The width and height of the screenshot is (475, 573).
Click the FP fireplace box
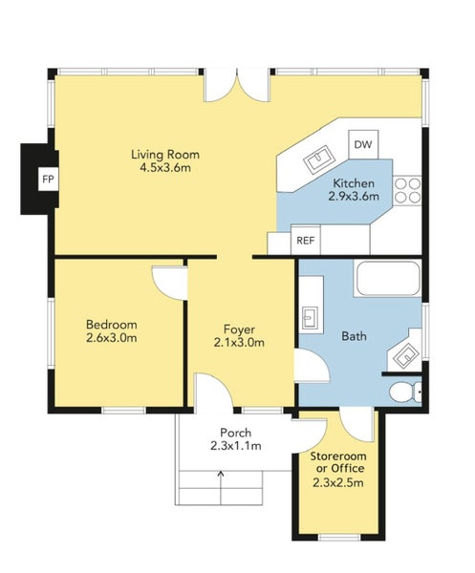(x=49, y=180)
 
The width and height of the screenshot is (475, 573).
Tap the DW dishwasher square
(x=363, y=144)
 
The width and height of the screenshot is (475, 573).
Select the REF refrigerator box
(x=305, y=240)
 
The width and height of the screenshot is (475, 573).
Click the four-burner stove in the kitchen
(x=407, y=190)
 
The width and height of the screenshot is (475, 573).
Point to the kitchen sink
(x=319, y=159)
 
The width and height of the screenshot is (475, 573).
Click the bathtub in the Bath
(x=388, y=278)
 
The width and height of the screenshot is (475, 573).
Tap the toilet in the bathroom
(x=405, y=393)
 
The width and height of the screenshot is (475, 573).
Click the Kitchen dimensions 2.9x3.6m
(x=354, y=197)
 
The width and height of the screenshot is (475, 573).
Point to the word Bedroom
(x=112, y=324)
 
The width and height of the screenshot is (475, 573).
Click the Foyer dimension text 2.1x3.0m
(x=239, y=343)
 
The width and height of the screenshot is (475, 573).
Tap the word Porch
(x=235, y=433)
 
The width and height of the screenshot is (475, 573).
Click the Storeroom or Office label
(x=338, y=462)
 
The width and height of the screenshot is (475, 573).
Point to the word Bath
(x=354, y=336)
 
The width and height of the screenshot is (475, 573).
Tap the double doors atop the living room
(x=237, y=86)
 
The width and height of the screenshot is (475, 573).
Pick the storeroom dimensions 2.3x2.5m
(x=338, y=482)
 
